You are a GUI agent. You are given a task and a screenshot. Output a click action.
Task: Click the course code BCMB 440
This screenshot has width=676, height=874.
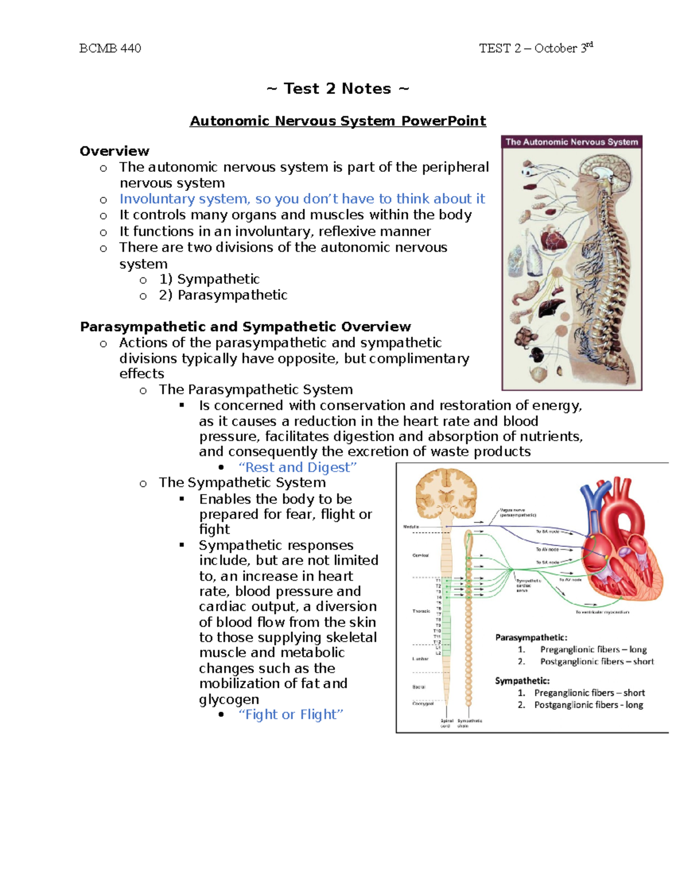[110, 48]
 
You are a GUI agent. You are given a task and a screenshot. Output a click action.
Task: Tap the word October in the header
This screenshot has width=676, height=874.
[555, 48]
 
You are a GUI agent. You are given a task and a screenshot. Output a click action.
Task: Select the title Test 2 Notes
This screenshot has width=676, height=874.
[337, 88]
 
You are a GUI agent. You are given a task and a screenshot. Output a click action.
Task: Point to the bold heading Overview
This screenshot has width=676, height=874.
[114, 151]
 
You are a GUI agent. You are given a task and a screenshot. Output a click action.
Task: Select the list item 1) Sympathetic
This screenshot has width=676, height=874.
[209, 279]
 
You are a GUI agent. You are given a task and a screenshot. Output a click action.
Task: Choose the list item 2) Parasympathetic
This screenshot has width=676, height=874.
[223, 295]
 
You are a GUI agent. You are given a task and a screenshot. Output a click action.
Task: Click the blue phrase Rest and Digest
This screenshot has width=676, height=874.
[298, 467]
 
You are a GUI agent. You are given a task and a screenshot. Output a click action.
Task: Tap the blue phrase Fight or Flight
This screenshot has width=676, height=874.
[291, 714]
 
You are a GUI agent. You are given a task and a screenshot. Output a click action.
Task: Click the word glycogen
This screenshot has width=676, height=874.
[229, 699]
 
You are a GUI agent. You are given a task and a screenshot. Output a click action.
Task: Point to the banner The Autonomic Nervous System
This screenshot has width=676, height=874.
[571, 142]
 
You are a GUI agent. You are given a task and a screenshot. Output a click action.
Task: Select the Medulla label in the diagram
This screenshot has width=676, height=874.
[411, 527]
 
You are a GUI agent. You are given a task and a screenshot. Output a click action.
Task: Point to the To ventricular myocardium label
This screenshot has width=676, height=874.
[602, 612]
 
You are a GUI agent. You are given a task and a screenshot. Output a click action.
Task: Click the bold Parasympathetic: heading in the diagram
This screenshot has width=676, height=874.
[531, 637]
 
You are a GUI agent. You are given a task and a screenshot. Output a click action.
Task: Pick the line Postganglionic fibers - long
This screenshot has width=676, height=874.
[588, 705]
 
